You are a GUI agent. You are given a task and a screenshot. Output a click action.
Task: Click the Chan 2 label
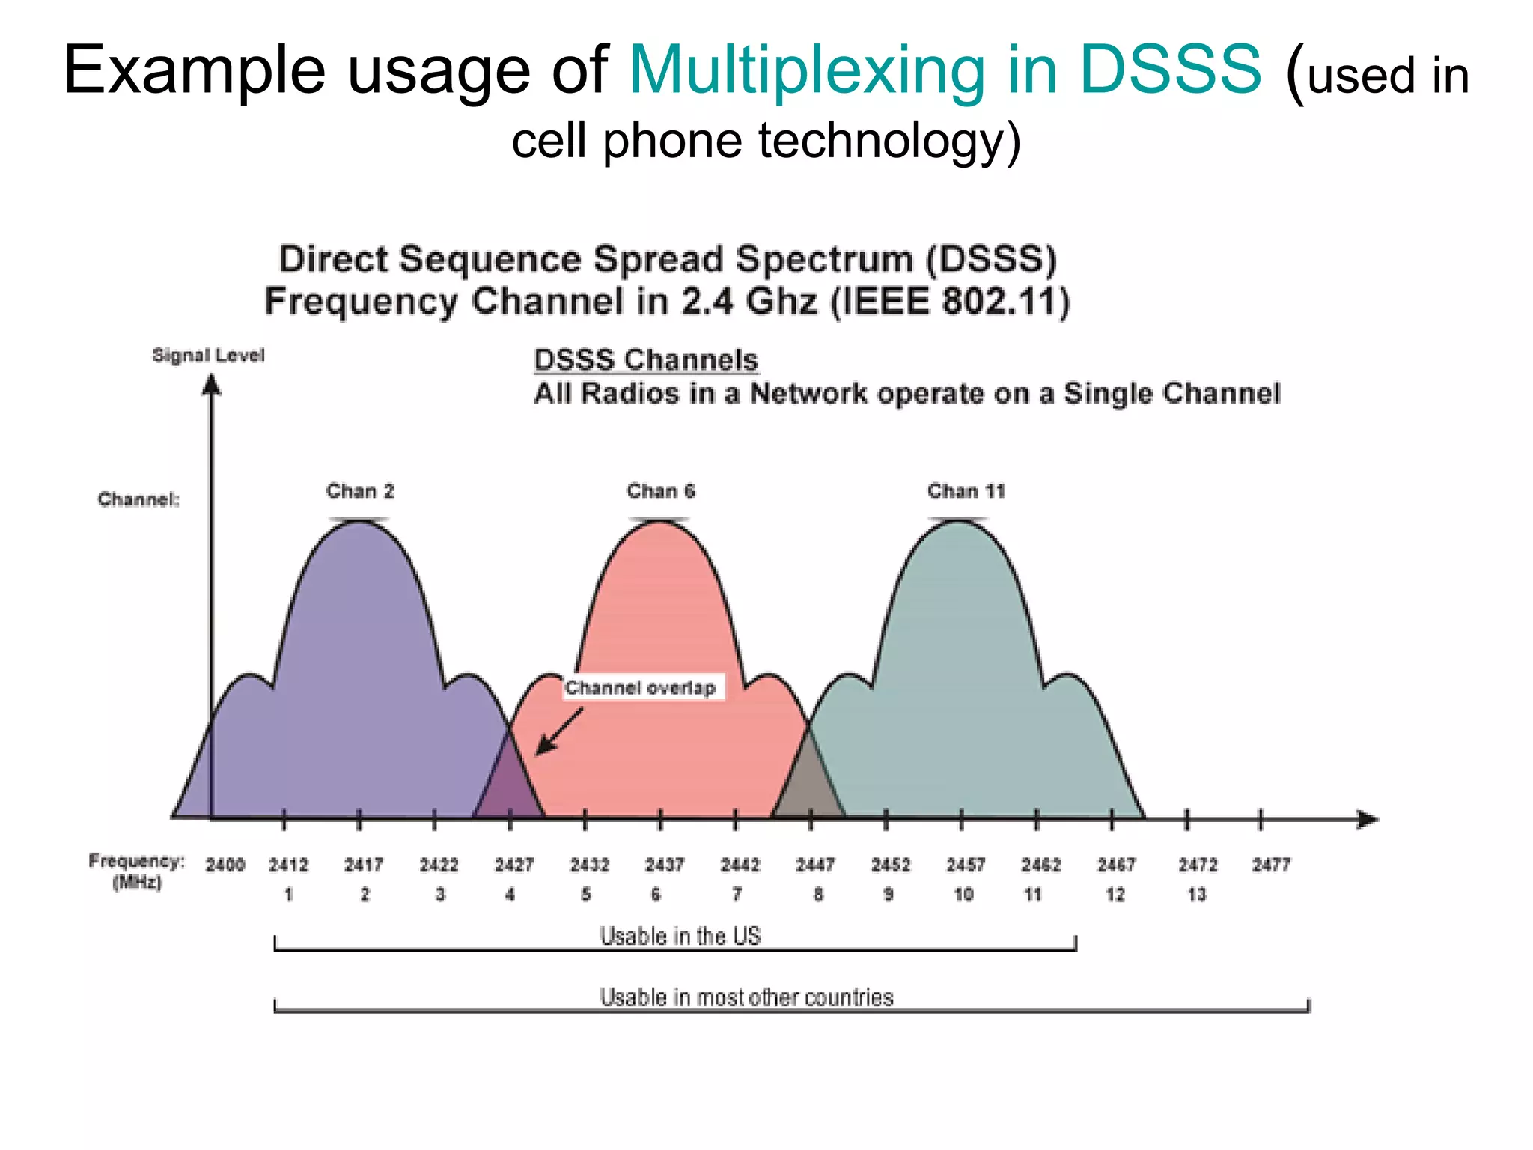[x=360, y=492]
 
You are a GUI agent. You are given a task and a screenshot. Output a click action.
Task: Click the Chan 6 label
[x=661, y=492]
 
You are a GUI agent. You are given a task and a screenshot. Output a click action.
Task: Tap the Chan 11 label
[x=966, y=492]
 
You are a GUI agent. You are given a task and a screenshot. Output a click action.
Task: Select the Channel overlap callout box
[x=642, y=687]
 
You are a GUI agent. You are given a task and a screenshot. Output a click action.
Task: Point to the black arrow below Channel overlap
[x=558, y=731]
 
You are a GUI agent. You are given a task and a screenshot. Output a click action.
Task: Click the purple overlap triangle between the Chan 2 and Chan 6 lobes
[x=510, y=790]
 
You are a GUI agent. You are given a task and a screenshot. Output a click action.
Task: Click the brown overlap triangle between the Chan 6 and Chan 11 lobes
[x=809, y=790]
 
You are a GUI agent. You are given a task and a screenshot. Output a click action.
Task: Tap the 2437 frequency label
[x=665, y=865]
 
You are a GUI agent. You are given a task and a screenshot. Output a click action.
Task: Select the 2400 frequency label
[x=225, y=865]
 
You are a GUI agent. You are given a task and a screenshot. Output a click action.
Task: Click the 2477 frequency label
[x=1272, y=865]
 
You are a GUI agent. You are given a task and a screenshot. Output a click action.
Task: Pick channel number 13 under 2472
[x=1197, y=894]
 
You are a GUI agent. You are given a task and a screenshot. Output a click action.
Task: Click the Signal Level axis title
[x=208, y=355]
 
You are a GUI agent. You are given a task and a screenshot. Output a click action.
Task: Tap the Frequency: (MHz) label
[x=136, y=871]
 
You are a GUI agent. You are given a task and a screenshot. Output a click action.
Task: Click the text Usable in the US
[x=680, y=936]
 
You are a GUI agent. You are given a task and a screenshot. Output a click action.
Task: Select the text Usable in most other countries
[x=746, y=997]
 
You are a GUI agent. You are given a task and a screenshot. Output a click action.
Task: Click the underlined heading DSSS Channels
[x=646, y=360]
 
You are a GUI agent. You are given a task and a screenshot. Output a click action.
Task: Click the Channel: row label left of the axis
[x=138, y=499]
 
